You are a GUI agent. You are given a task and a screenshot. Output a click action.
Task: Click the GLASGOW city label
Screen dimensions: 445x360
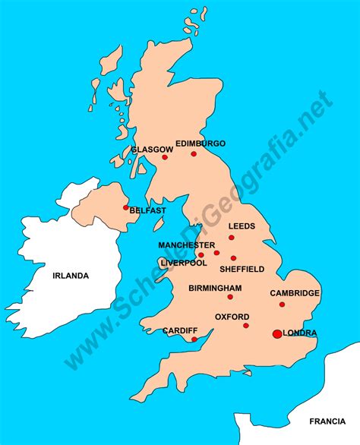[x=147, y=150]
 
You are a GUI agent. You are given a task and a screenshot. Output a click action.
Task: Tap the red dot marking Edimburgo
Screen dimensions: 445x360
[x=194, y=153]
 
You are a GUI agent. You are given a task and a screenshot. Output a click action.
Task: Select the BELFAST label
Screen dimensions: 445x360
[x=147, y=210]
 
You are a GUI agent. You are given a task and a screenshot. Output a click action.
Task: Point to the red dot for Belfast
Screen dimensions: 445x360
[x=125, y=207]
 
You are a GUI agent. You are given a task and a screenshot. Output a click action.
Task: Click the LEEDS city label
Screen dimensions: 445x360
[x=242, y=226]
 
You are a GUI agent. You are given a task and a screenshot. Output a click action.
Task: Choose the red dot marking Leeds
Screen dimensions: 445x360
[x=232, y=238]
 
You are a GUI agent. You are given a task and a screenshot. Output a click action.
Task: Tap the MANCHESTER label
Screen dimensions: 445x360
[x=186, y=245]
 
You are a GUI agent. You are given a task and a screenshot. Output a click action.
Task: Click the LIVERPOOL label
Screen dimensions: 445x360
[x=183, y=263]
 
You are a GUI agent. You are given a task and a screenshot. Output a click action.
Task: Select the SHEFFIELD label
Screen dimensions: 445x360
[x=242, y=269]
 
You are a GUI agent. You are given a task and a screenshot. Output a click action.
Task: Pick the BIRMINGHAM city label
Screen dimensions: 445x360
[x=216, y=288]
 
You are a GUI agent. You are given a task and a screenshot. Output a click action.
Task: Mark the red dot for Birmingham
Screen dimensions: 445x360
[x=230, y=297]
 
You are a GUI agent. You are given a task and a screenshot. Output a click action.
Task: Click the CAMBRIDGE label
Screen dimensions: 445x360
[x=294, y=293]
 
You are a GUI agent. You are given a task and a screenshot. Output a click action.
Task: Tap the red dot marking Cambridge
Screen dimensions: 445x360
[x=282, y=305]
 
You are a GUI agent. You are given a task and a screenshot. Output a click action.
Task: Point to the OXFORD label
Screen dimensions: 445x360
[x=232, y=316]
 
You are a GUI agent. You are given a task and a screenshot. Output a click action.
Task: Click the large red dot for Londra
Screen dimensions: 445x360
[x=276, y=333]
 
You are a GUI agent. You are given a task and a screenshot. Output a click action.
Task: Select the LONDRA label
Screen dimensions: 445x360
[x=299, y=333]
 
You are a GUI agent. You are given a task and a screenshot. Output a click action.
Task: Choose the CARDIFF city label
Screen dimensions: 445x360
[x=180, y=330]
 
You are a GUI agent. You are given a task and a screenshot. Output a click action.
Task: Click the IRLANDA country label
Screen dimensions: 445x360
[x=71, y=276]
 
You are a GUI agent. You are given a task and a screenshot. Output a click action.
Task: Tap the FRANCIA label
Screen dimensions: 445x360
[x=327, y=421]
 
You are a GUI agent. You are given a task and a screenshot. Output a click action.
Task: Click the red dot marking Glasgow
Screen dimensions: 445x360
[x=164, y=158]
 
